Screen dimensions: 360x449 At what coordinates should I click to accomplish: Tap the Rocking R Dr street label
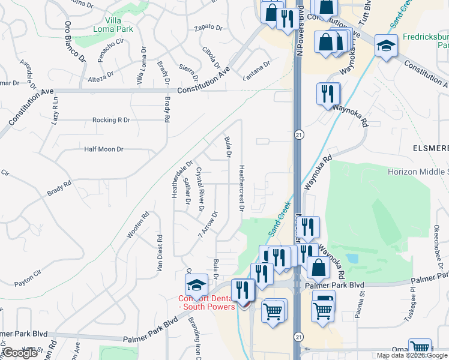pyautogui.click(x=111, y=120)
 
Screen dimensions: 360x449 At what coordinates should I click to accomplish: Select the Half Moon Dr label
pyautogui.click(x=103, y=149)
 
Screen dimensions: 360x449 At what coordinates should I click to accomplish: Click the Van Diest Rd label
pyautogui.click(x=160, y=253)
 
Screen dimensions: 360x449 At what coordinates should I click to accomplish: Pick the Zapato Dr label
pyautogui.click(x=208, y=28)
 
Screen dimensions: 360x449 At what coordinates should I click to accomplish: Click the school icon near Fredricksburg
pyautogui.click(x=385, y=44)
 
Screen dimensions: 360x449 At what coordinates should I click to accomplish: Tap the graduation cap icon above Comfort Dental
pyautogui.click(x=196, y=284)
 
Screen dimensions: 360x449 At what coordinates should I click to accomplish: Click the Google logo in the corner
pyautogui.click(x=20, y=353)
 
